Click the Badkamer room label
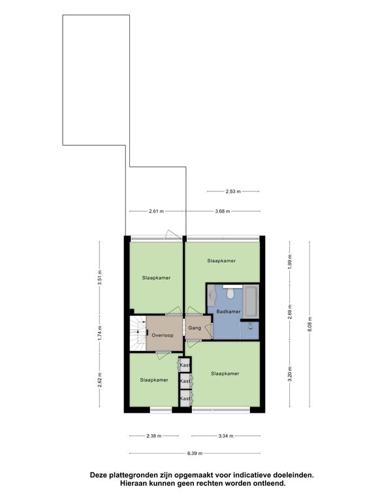(228, 312)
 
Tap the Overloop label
(163, 335)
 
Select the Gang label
(195, 328)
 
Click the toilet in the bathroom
(230, 293)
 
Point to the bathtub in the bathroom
(251, 301)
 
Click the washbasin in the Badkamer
(211, 295)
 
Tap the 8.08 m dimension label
(309, 324)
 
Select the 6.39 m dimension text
(195, 453)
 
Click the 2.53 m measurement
(233, 192)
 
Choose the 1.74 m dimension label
(99, 333)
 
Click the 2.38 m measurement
(154, 436)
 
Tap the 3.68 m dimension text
(222, 211)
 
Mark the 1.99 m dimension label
(290, 262)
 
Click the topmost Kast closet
(185, 365)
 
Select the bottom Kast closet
(185, 398)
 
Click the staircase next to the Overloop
(138, 333)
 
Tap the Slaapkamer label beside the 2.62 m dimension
(154, 380)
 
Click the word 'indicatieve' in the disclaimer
(251, 475)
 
